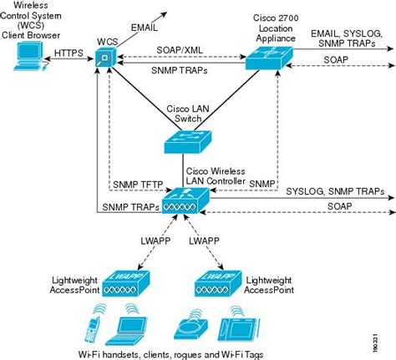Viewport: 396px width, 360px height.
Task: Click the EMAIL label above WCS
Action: [x=145, y=27]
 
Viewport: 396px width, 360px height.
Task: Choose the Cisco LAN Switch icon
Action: [x=185, y=143]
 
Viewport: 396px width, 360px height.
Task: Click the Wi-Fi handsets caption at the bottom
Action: [x=170, y=353]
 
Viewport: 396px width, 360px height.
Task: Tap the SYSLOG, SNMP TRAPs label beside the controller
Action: [x=347, y=190]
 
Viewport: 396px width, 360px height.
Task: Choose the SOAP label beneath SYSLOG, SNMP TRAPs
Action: [x=338, y=205]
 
